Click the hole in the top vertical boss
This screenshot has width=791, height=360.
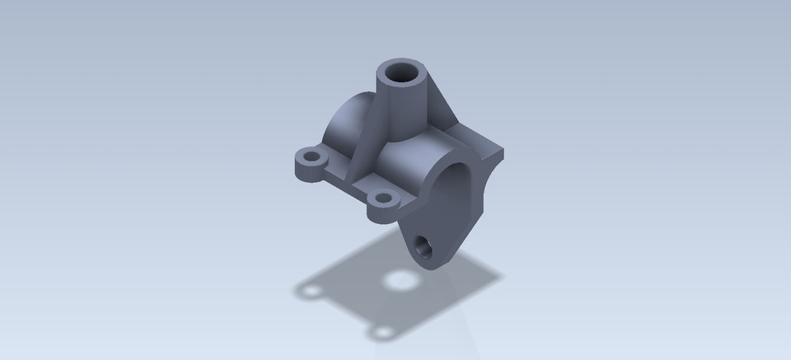tap(404, 73)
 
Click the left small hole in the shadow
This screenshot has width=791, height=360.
tap(310, 290)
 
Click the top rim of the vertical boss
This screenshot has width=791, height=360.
tap(404, 63)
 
